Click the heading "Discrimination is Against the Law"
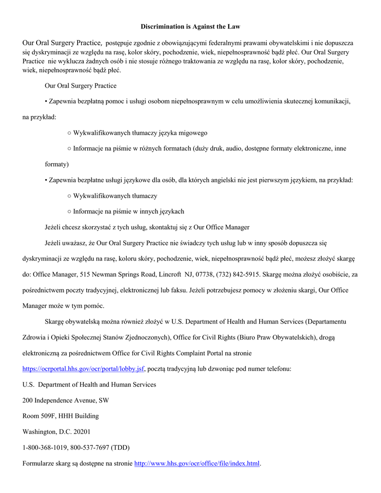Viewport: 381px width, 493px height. coord(190,26)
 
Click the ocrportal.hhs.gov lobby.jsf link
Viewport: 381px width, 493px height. coord(83,369)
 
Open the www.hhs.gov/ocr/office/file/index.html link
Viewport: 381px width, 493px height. coord(197,464)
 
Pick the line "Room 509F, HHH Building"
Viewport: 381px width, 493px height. coord(60,416)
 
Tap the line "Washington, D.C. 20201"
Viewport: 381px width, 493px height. coord(56,432)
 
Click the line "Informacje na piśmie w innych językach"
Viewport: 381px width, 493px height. coord(128,211)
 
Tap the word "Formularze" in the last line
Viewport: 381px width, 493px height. coord(39,464)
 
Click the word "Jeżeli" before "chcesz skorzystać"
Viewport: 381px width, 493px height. coord(53,227)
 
